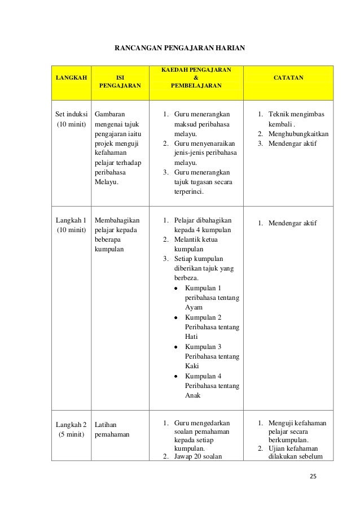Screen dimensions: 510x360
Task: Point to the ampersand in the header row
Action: [x=196, y=77]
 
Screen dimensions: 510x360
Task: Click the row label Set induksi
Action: [x=71, y=112]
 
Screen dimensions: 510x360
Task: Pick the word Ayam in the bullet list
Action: [x=194, y=307]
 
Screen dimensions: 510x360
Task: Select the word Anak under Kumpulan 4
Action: [x=193, y=395]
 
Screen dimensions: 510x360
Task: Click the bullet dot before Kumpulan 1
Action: [x=176, y=288]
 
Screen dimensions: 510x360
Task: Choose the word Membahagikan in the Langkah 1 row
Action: [x=117, y=220]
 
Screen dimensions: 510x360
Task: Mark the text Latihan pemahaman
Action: [x=113, y=429]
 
